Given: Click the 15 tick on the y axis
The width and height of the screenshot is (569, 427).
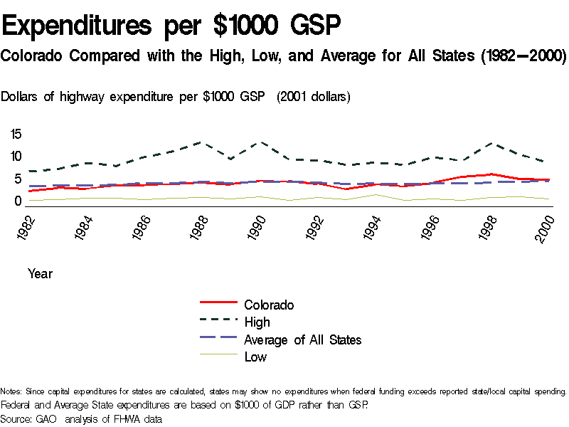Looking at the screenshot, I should click(x=16, y=134).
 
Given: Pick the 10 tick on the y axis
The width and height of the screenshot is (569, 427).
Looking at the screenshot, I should click(x=16, y=157).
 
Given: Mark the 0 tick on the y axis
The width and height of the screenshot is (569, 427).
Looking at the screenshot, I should click(x=19, y=202).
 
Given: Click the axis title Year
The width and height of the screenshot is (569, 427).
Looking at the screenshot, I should click(x=40, y=273).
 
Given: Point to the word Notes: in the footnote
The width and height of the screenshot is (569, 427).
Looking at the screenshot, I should click(x=11, y=391).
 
